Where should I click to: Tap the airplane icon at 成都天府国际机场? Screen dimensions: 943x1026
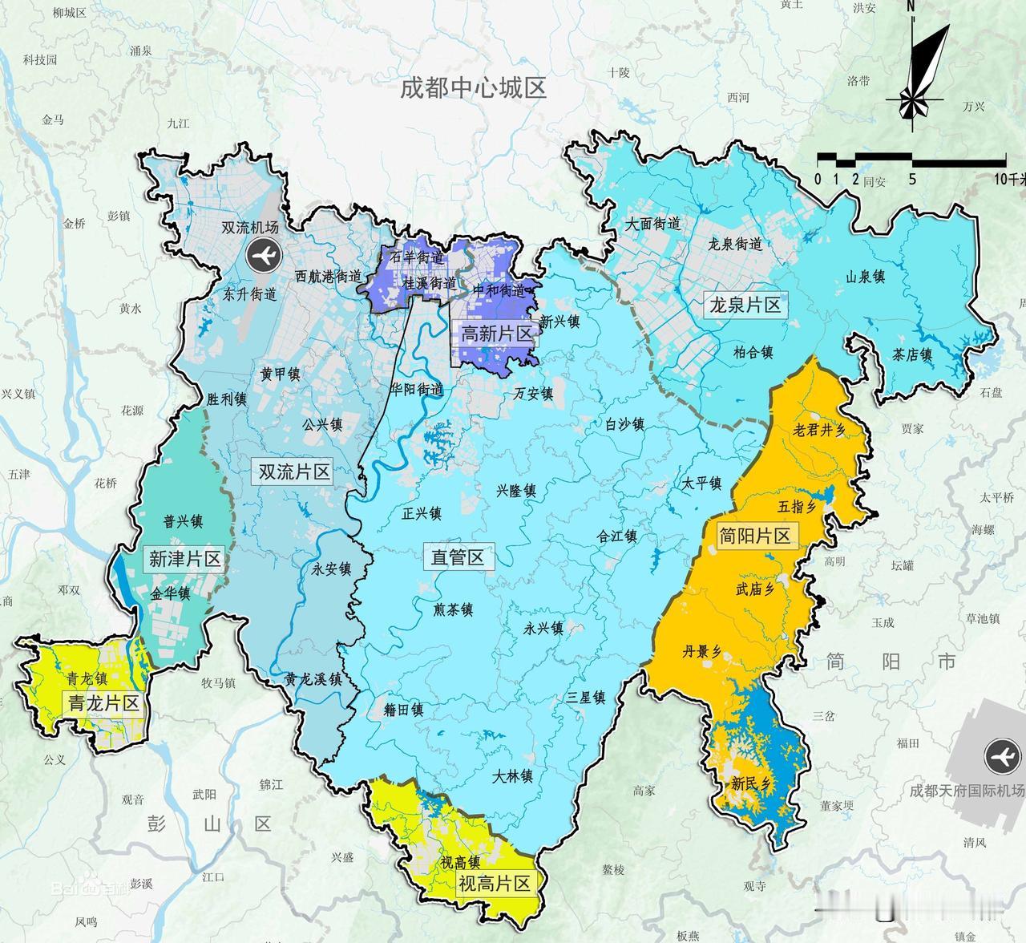[x=1001, y=755]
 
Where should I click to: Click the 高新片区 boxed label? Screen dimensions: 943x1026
[x=497, y=334]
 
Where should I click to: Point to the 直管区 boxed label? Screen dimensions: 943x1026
[x=458, y=557]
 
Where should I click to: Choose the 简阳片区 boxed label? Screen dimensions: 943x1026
[x=754, y=536]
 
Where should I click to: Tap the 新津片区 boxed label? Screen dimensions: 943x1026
[x=184, y=558]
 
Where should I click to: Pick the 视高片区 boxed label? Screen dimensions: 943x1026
[x=495, y=884]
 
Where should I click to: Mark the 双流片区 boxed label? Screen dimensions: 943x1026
[x=294, y=471]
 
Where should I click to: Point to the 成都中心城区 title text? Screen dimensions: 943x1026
[x=474, y=88]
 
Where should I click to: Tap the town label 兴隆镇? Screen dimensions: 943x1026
[x=516, y=492]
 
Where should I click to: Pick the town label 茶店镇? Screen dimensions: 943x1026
[x=913, y=355]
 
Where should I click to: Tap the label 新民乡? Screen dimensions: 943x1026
[x=749, y=783]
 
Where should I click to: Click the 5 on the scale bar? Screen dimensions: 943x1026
[x=912, y=179]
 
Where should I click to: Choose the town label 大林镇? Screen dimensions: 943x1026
[x=513, y=776]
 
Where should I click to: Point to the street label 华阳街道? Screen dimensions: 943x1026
[x=417, y=389]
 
